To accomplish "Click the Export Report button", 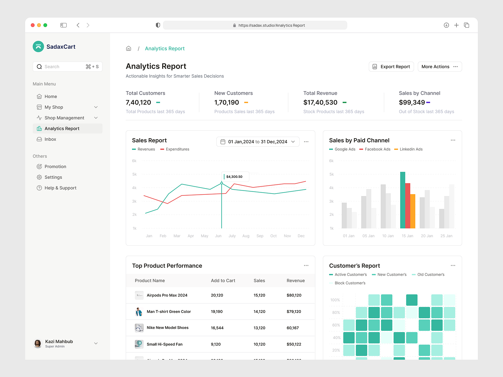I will (391, 67).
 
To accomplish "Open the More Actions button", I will (439, 67).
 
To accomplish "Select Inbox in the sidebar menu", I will (50, 139).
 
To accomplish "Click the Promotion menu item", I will (55, 167).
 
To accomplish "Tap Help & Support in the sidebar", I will (60, 188).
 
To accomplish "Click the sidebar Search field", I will (63, 67).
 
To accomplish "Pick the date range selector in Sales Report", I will (258, 142).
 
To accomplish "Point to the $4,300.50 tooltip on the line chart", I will (235, 177).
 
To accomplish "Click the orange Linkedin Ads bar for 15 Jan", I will (413, 211).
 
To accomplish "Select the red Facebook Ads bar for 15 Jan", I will (408, 205).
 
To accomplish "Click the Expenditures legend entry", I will (177, 149).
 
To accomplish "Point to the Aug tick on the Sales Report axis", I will (246, 236).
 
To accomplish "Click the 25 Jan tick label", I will (446, 236).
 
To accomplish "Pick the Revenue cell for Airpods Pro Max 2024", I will (294, 295).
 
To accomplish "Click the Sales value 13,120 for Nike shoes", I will (259, 328).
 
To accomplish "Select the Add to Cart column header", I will (223, 281).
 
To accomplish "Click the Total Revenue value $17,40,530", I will (320, 102).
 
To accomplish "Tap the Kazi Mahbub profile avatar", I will (38, 344).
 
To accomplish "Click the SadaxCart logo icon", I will (38, 46).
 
